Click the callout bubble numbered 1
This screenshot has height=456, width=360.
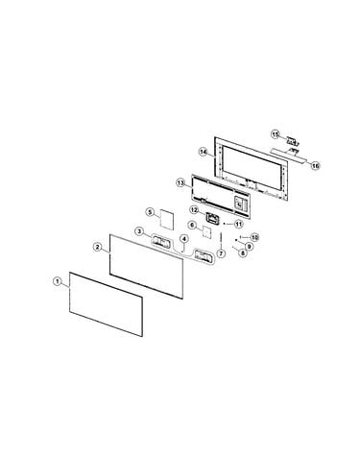click(57, 281)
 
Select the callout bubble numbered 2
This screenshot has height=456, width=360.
click(98, 247)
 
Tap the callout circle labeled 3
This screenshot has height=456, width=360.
click(139, 231)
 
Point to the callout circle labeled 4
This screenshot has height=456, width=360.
click(183, 239)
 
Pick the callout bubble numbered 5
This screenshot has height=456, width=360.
click(149, 212)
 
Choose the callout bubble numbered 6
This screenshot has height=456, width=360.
click(192, 226)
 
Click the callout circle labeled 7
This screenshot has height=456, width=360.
click(221, 253)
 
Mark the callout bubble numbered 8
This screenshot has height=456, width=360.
click(243, 252)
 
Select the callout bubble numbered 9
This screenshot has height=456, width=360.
click(249, 246)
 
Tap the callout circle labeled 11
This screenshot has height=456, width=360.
click(239, 224)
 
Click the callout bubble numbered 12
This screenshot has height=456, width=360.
click(194, 210)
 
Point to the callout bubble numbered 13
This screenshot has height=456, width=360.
click(180, 183)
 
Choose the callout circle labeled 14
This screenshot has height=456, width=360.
click(203, 152)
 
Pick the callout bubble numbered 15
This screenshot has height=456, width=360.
click(276, 134)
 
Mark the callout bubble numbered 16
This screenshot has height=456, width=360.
click(316, 166)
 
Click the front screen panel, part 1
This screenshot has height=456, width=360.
click(106, 304)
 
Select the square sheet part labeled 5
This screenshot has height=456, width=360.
click(166, 220)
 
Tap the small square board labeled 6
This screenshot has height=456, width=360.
click(206, 232)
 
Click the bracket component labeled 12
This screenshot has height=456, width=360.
click(212, 218)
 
